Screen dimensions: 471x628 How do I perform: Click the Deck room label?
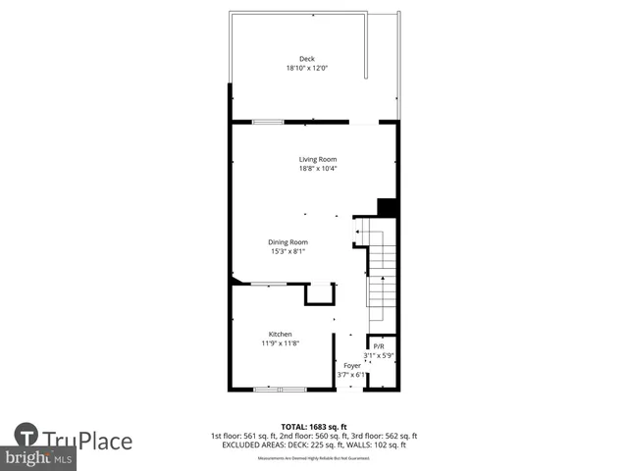[x=307, y=59]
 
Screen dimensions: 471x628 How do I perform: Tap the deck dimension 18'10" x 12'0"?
[x=307, y=69]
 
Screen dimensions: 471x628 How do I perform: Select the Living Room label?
[x=318, y=159]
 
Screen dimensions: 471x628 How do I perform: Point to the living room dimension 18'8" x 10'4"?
[x=318, y=169]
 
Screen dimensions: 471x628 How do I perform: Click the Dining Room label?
[x=288, y=241]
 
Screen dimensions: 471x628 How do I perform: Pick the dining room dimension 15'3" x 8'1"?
[x=288, y=251]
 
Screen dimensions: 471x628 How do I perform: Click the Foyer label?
[x=351, y=365]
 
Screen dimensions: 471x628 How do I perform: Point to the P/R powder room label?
[x=379, y=345]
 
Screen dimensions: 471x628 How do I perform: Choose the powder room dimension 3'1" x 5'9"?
[x=379, y=354]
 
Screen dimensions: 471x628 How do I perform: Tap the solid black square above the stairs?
[x=387, y=207]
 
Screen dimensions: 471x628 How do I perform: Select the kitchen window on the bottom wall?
[x=279, y=390]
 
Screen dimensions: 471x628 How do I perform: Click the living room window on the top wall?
[x=268, y=122]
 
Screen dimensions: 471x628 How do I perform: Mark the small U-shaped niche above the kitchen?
[x=320, y=293]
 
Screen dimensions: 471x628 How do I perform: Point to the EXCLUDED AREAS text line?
[x=313, y=445]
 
